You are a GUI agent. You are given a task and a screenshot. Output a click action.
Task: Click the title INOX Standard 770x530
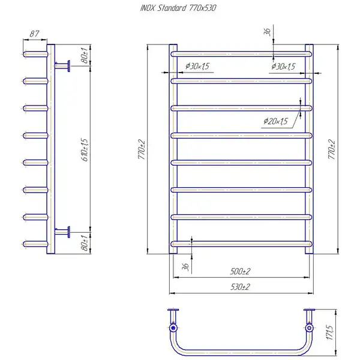pyautogui.click(x=178, y=8)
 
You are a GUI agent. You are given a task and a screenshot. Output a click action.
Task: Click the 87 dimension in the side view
pyautogui.click(x=34, y=34)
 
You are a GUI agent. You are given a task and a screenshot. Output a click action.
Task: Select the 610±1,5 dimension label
pyautogui.click(x=85, y=149)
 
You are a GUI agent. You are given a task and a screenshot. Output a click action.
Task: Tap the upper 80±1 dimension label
pyautogui.click(x=85, y=55)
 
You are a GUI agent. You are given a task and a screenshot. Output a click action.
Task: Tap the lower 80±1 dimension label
pyautogui.click(x=85, y=243)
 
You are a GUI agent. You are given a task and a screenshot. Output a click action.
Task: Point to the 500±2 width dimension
pyautogui.click(x=240, y=271)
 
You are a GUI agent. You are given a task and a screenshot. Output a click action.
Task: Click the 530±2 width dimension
pyautogui.click(x=240, y=287)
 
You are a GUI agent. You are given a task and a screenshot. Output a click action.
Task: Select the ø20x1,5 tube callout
pyautogui.click(x=275, y=121)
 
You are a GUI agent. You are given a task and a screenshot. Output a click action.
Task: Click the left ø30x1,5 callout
pyautogui.click(x=197, y=66)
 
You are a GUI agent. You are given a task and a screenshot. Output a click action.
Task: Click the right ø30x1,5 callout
pyautogui.click(x=283, y=67)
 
